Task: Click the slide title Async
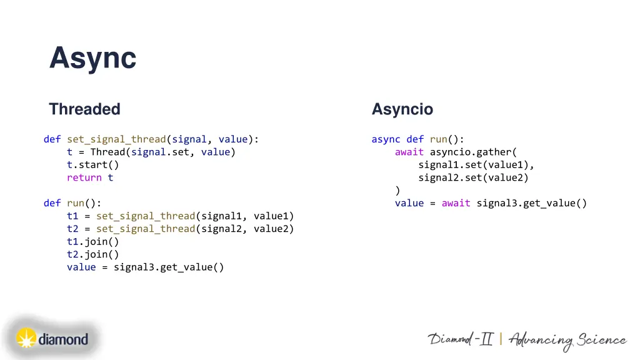92,59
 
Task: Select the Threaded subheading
84,109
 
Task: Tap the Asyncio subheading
402,109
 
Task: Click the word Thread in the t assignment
107,152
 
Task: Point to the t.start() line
92,165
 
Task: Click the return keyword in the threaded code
84,177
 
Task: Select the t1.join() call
92,241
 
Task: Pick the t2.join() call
92,254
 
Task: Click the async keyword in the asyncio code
386,139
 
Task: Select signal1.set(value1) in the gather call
476,165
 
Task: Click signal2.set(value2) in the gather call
473,177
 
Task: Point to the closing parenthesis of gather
397,190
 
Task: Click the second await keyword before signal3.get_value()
456,203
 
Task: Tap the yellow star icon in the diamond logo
26,339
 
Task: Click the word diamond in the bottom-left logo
63,340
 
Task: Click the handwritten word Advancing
541,341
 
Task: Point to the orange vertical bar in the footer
501,339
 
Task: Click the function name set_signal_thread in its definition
116,139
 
